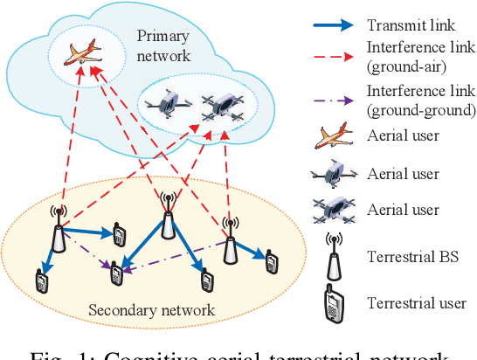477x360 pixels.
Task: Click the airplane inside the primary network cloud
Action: pyautogui.click(x=80, y=54)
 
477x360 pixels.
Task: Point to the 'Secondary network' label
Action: pyautogui.click(x=150, y=310)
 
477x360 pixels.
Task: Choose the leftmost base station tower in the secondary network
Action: pyautogui.click(x=59, y=228)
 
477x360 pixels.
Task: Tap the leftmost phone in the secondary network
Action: pyautogui.click(x=40, y=280)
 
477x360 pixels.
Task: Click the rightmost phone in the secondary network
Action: pyautogui.click(x=272, y=260)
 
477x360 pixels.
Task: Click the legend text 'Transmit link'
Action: pyautogui.click(x=413, y=24)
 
